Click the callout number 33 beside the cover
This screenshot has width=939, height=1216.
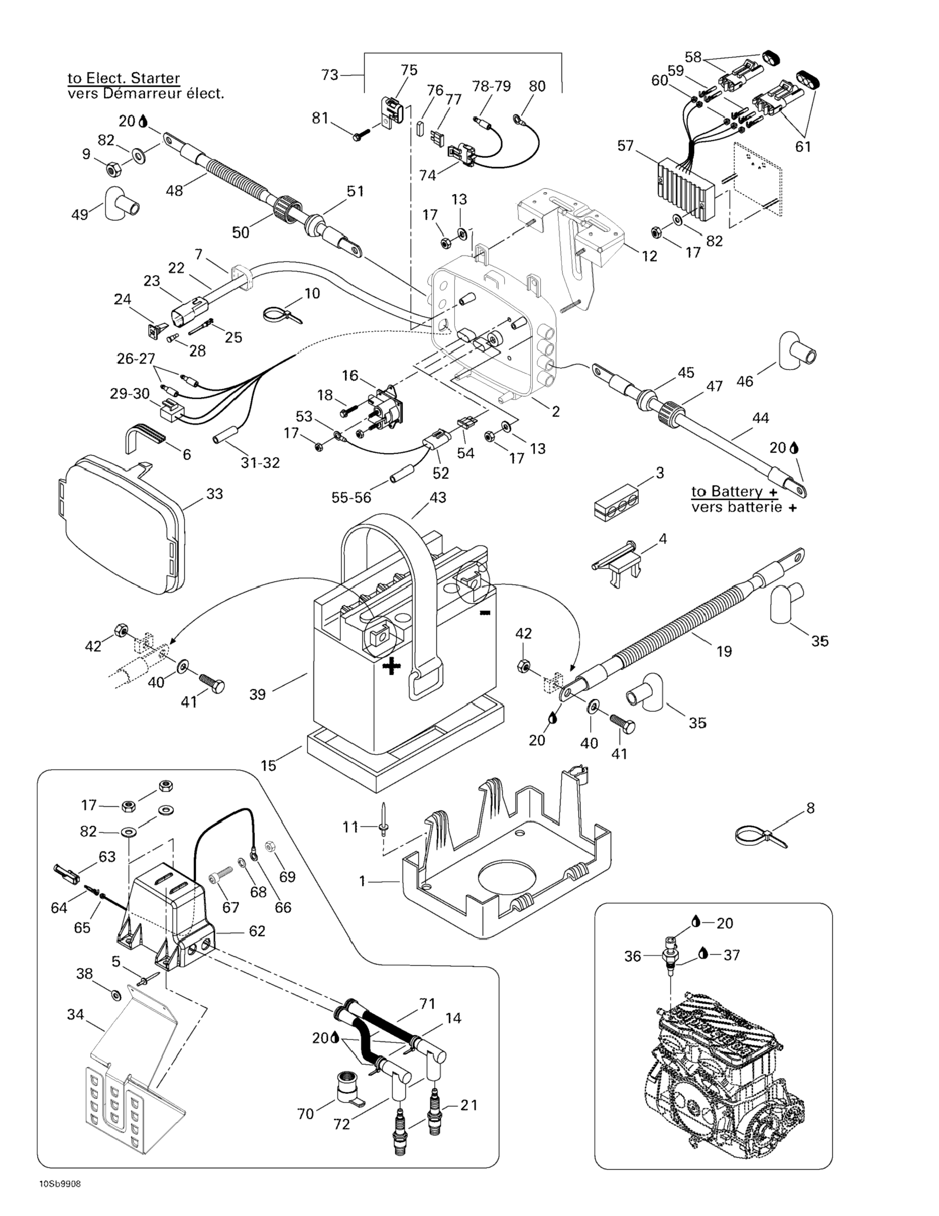(x=214, y=494)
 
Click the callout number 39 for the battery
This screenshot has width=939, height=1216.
(x=257, y=694)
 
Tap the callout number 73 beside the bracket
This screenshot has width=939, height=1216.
(x=330, y=75)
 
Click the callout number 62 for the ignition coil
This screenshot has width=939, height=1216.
(x=257, y=931)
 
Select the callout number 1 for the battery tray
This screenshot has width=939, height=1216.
(x=362, y=881)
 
